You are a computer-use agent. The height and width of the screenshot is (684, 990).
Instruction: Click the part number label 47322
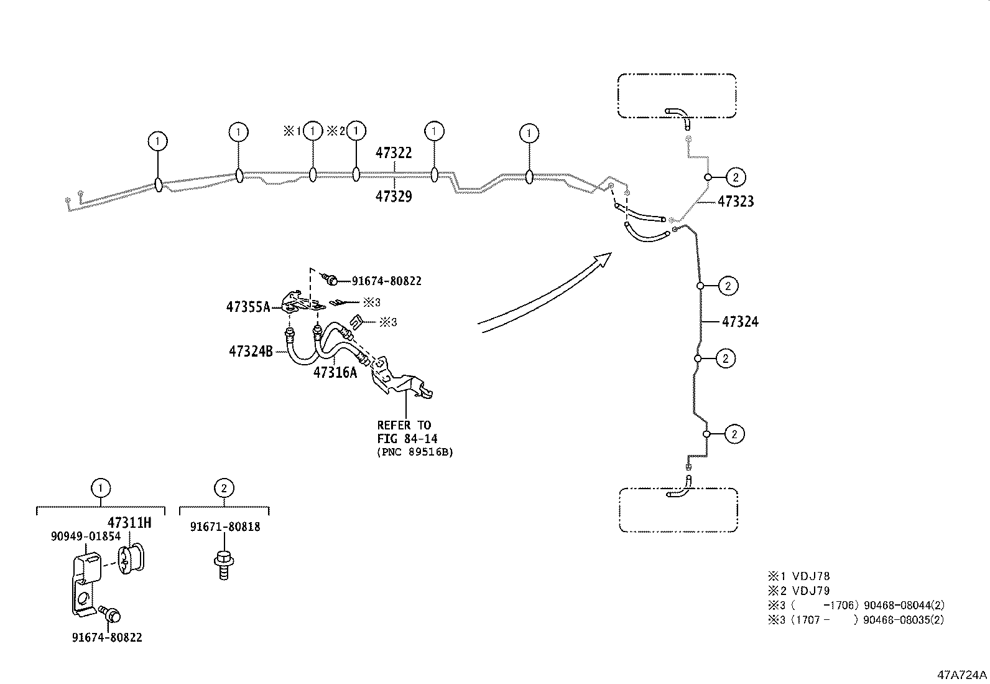point(394,153)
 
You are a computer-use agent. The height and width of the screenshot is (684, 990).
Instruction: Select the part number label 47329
point(394,197)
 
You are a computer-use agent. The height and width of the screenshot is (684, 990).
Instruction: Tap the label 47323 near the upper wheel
point(736,202)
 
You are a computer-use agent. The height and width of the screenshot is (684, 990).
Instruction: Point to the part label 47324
point(740,322)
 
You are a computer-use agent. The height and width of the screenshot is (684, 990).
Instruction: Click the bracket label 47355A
point(247,307)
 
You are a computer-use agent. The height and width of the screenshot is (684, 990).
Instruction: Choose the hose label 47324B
point(251,352)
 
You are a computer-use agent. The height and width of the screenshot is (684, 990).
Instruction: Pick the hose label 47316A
point(335,372)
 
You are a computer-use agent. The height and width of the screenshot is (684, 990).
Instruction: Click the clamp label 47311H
point(129,523)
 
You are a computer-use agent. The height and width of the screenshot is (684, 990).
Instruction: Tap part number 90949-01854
point(86,536)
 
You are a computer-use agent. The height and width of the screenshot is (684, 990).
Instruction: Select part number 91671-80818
point(225,527)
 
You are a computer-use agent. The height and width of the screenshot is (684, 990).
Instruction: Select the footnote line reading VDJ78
point(799,576)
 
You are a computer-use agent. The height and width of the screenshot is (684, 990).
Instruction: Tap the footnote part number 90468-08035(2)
point(904,620)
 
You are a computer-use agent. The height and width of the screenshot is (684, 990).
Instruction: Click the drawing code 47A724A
point(962,675)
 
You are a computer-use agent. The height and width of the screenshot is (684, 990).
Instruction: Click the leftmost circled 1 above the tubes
point(158,141)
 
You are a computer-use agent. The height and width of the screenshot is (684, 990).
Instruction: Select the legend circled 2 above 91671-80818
point(224,489)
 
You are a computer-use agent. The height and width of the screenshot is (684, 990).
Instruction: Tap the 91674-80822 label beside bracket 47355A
point(386,281)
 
